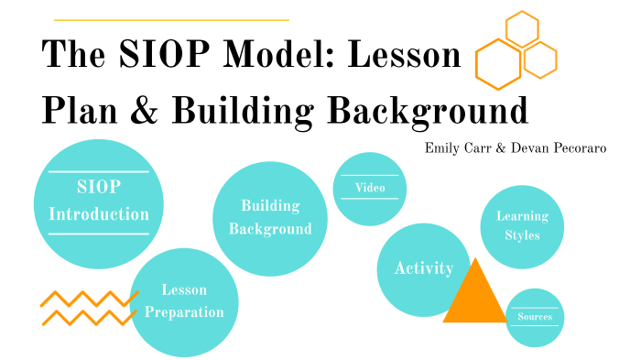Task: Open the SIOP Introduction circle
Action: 98,202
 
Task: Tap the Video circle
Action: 370,189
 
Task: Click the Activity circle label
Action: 423,268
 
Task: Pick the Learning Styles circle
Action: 522,226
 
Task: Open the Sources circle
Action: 534,318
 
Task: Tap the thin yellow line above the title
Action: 171,19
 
